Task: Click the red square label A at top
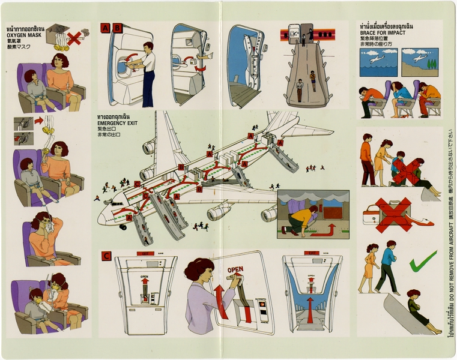(105, 27)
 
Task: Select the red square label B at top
(117, 27)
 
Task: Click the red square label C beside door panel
(106, 256)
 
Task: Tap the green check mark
(423, 262)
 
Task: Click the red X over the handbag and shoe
(393, 214)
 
